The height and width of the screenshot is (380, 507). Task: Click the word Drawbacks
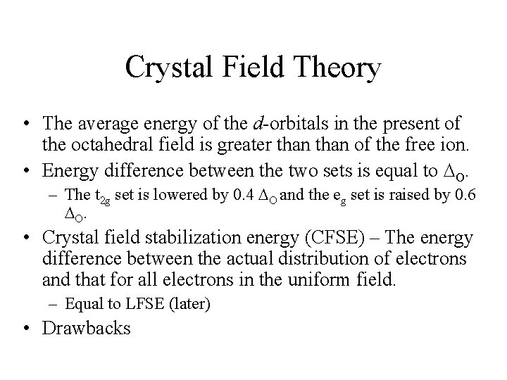(x=87, y=328)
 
